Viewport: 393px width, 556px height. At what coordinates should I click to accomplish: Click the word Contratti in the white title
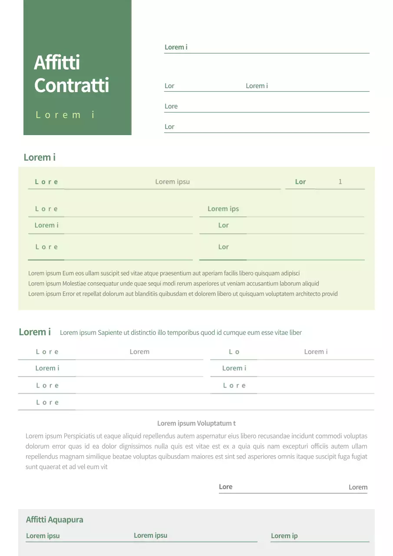72,85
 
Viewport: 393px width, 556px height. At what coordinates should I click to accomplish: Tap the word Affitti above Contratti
57,63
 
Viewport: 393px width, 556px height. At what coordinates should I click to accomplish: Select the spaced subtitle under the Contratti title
65,115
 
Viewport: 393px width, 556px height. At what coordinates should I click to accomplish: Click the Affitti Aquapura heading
54,520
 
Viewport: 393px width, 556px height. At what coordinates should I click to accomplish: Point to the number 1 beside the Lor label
340,182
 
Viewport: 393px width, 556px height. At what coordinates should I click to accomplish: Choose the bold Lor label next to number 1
301,182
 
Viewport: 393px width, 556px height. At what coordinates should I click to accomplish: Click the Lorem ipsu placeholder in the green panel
172,182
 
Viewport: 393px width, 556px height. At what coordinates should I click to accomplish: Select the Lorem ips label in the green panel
223,209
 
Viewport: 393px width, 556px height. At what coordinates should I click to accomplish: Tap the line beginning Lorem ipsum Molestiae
174,284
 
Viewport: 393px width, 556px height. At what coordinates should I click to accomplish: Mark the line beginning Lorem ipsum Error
182,294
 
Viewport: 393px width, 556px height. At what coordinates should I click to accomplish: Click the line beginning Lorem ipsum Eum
164,273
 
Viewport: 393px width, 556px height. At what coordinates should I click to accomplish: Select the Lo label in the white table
234,352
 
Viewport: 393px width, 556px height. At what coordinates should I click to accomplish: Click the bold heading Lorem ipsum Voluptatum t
196,423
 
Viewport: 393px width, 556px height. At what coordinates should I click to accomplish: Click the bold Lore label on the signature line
225,487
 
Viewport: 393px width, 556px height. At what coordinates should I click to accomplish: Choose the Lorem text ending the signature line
358,487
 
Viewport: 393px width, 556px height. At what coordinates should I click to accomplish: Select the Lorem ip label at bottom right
284,536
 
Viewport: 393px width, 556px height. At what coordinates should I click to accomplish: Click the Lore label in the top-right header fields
171,106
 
